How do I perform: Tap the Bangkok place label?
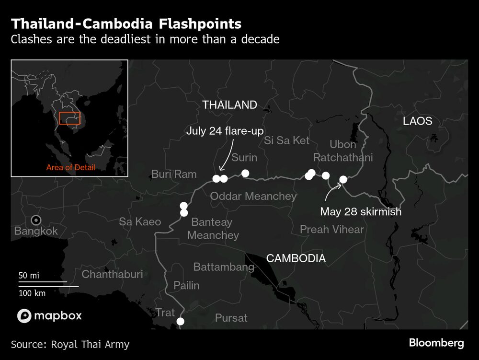point(36,231)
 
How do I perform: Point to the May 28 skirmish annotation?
point(361,211)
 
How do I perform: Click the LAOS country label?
point(417,121)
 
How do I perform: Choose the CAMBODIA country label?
point(296,258)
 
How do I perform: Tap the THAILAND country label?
point(229,105)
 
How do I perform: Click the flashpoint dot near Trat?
point(181,322)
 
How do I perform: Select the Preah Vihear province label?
point(331,230)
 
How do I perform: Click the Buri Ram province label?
point(174,174)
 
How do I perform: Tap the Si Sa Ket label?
point(286,140)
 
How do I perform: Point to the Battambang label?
point(223,267)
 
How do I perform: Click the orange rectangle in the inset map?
point(69,118)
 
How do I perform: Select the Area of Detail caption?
point(70,168)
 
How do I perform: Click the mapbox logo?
point(49,315)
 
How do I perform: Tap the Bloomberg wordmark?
point(436,343)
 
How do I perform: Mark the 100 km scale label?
point(32,293)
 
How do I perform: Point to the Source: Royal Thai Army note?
point(70,344)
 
